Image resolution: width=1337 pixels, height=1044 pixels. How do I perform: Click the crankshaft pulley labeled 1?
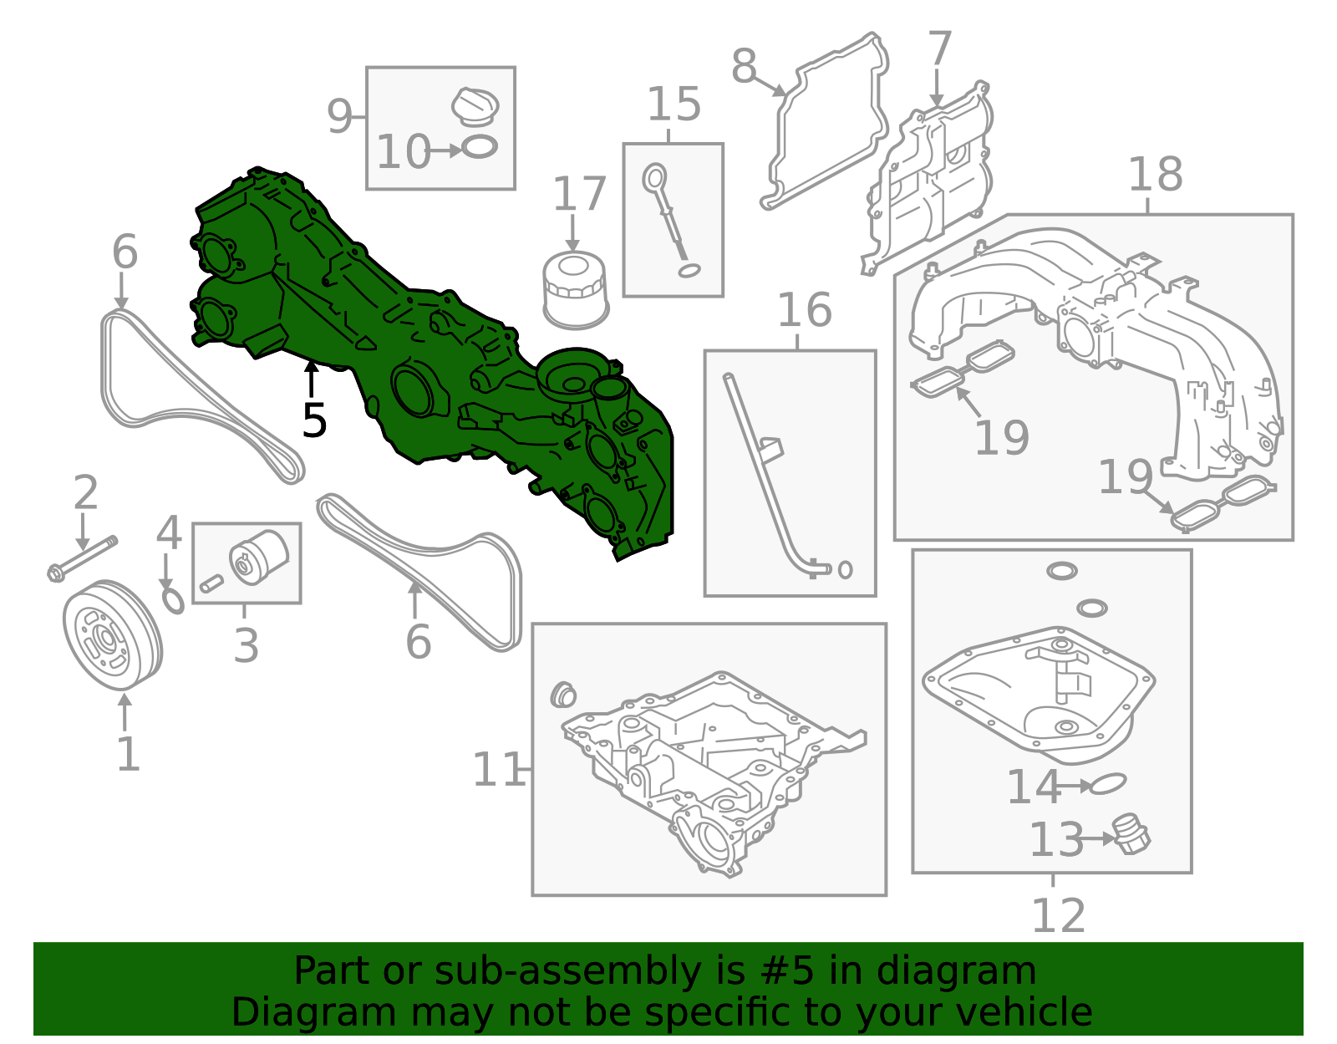113,635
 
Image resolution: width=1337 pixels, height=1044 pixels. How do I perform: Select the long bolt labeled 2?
82,558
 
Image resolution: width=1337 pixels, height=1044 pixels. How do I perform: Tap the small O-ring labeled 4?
173,600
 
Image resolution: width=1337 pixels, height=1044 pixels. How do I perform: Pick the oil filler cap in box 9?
475,106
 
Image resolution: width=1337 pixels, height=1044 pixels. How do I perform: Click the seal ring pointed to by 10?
480,147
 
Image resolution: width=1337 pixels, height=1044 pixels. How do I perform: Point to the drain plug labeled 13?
1131,835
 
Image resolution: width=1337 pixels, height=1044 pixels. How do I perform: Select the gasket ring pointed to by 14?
1107,784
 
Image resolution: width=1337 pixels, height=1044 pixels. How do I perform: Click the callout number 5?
314,420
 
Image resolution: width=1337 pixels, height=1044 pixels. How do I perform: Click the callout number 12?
1058,915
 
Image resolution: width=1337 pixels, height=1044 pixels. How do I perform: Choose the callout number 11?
499,770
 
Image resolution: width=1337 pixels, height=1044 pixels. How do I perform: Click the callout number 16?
805,309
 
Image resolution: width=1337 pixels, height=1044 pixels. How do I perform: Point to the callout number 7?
939,48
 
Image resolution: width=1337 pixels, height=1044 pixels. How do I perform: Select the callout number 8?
744,66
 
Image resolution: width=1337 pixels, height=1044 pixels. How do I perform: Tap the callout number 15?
674,104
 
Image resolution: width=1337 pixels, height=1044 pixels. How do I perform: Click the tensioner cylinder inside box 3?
259,557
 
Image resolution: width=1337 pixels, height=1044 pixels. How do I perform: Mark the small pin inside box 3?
211,582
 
